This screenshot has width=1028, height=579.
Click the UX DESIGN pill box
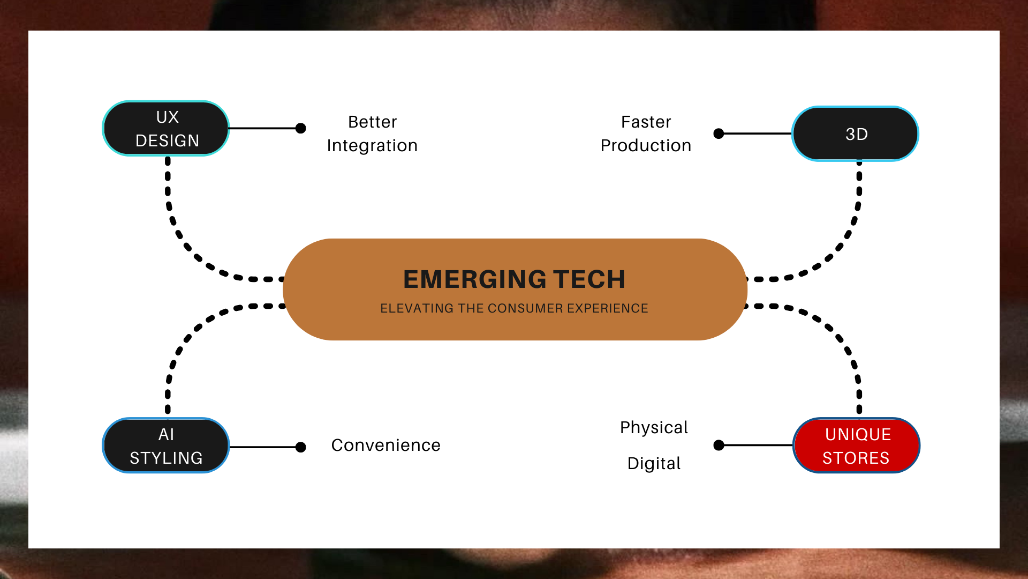point(166,129)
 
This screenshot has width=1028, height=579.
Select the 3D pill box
point(856,134)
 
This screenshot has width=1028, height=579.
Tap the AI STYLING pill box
point(166,446)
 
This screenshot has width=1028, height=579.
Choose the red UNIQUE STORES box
point(856,446)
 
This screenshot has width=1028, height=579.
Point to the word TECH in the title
point(589,279)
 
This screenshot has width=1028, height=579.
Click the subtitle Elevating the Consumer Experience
point(514,308)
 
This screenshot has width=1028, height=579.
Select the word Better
point(373,122)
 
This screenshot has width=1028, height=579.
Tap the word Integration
point(372,146)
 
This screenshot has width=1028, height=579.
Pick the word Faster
point(646,122)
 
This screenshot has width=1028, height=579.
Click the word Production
point(646,146)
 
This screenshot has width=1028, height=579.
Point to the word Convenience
point(385,446)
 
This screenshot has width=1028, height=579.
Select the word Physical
point(654,428)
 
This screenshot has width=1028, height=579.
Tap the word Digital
point(654,463)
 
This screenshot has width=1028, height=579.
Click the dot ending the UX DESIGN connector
point(301,128)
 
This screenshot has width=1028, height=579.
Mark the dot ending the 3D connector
point(719,133)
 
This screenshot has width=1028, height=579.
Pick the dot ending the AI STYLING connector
point(301,447)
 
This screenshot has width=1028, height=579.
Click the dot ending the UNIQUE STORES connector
point(719,445)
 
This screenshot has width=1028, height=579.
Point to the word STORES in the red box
point(856,458)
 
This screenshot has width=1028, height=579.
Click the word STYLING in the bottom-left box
point(166,458)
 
